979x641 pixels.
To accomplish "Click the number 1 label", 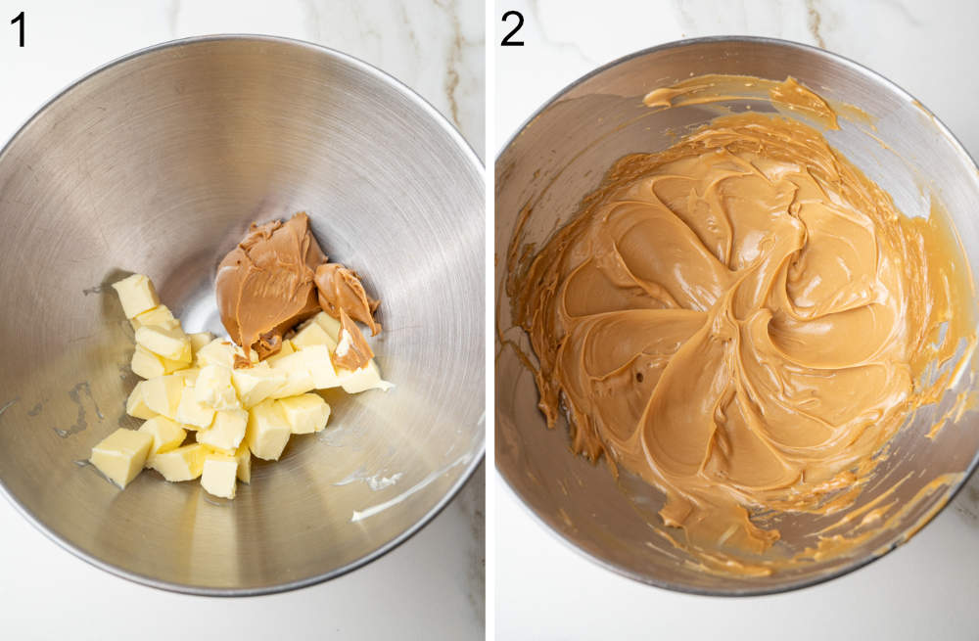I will [18, 28].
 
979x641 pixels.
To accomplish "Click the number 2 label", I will [512, 28].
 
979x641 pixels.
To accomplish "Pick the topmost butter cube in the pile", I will [135, 294].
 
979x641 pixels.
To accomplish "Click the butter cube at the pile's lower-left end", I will [120, 456].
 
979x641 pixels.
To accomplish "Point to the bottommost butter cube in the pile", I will [219, 475].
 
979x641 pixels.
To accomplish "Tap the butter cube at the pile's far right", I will [362, 377].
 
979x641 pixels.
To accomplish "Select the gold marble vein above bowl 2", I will [813, 20].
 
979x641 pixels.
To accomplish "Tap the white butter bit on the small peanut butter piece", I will [344, 342].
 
